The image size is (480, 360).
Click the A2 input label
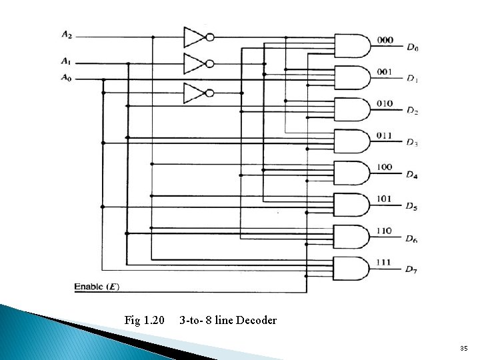(x=67, y=34)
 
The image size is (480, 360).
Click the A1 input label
(x=67, y=61)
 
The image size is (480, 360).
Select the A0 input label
(x=67, y=77)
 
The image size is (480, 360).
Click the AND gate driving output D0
(x=351, y=46)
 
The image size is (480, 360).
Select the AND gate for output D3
(x=351, y=141)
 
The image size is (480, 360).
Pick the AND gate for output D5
(x=351, y=204)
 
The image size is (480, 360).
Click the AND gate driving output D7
(x=351, y=267)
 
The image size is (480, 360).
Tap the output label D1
(x=413, y=79)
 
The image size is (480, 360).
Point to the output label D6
(x=413, y=239)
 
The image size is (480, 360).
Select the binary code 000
(x=385, y=40)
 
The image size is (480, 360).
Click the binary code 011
(x=385, y=135)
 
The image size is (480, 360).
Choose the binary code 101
(x=385, y=199)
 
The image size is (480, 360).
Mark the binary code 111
(x=385, y=262)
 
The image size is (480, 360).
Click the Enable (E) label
(x=97, y=287)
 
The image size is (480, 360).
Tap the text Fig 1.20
(x=144, y=321)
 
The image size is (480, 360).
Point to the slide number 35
(x=464, y=349)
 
